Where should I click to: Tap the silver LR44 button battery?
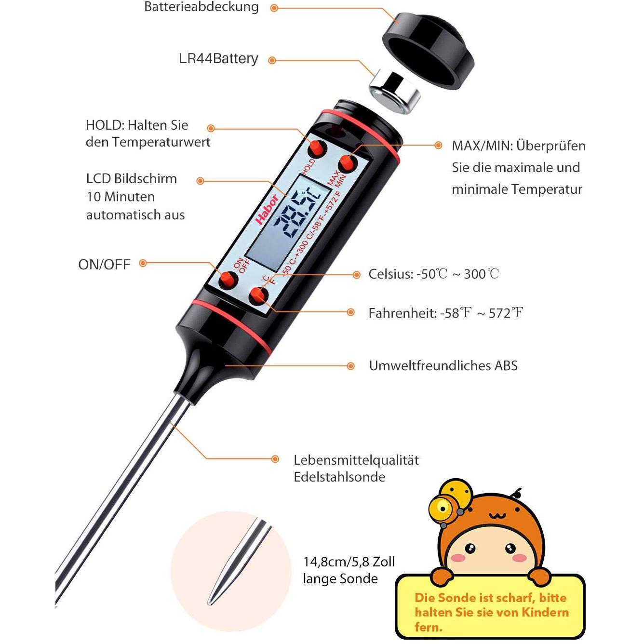[x=395, y=92]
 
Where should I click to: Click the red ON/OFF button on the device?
[x=228, y=280]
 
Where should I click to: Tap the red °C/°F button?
[x=258, y=295]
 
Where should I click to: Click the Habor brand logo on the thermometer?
[x=267, y=209]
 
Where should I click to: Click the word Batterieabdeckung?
[x=201, y=7]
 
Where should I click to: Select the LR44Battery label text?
[x=218, y=58]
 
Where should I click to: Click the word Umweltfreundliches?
[x=429, y=365]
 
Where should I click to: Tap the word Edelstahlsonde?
[x=339, y=477]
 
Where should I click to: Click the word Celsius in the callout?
[x=390, y=274]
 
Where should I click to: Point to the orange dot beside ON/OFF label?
[x=143, y=263]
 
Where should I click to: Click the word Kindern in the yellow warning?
[x=545, y=612]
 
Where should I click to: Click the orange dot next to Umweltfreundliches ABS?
[x=350, y=366]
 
